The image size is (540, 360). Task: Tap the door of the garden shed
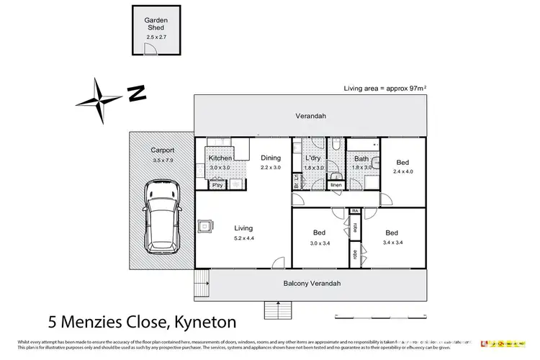pyautogui.click(x=150, y=48)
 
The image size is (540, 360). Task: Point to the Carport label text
pyautogui.click(x=163, y=150)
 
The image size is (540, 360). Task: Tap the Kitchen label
pyautogui.click(x=220, y=158)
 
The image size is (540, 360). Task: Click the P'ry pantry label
pyautogui.click(x=217, y=185)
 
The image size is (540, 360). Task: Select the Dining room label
pyautogui.click(x=271, y=158)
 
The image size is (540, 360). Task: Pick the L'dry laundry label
pyautogui.click(x=312, y=158)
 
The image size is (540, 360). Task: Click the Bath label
pyautogui.click(x=361, y=159)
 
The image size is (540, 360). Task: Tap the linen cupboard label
pyautogui.click(x=336, y=185)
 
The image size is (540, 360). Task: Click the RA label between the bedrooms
pyautogui.click(x=355, y=210)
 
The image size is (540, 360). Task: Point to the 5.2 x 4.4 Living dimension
pyautogui.click(x=244, y=238)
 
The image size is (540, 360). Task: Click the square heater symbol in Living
pyautogui.click(x=206, y=226)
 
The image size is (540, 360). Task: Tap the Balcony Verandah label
pyautogui.click(x=310, y=283)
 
